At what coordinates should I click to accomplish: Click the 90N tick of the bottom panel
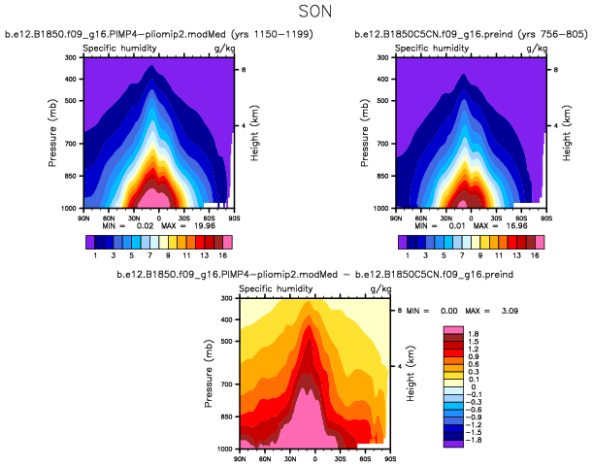click(x=240, y=455)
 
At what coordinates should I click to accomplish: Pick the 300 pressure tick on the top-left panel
click(x=70, y=58)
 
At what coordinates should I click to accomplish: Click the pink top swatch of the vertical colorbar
click(x=451, y=330)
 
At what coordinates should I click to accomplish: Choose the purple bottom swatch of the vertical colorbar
click(x=451, y=442)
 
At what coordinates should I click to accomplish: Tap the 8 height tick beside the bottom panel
click(x=401, y=310)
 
